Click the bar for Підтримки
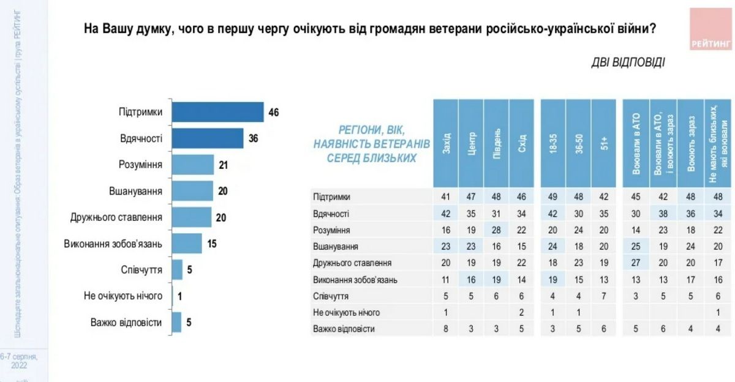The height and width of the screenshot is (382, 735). coord(217,113)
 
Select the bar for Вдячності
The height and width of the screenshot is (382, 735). coord(207,139)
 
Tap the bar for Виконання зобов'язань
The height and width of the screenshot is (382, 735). coord(186,244)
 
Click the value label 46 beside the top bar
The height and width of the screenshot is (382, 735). coord(274,113)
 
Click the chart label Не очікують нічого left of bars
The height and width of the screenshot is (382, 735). coord(123,296)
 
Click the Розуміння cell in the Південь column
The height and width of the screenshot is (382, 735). coord(497,230)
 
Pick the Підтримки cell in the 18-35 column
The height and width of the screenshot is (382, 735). coord(553,197)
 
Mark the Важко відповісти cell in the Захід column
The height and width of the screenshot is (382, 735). coord(446,329)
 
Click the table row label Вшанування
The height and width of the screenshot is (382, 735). coord(336,247)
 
